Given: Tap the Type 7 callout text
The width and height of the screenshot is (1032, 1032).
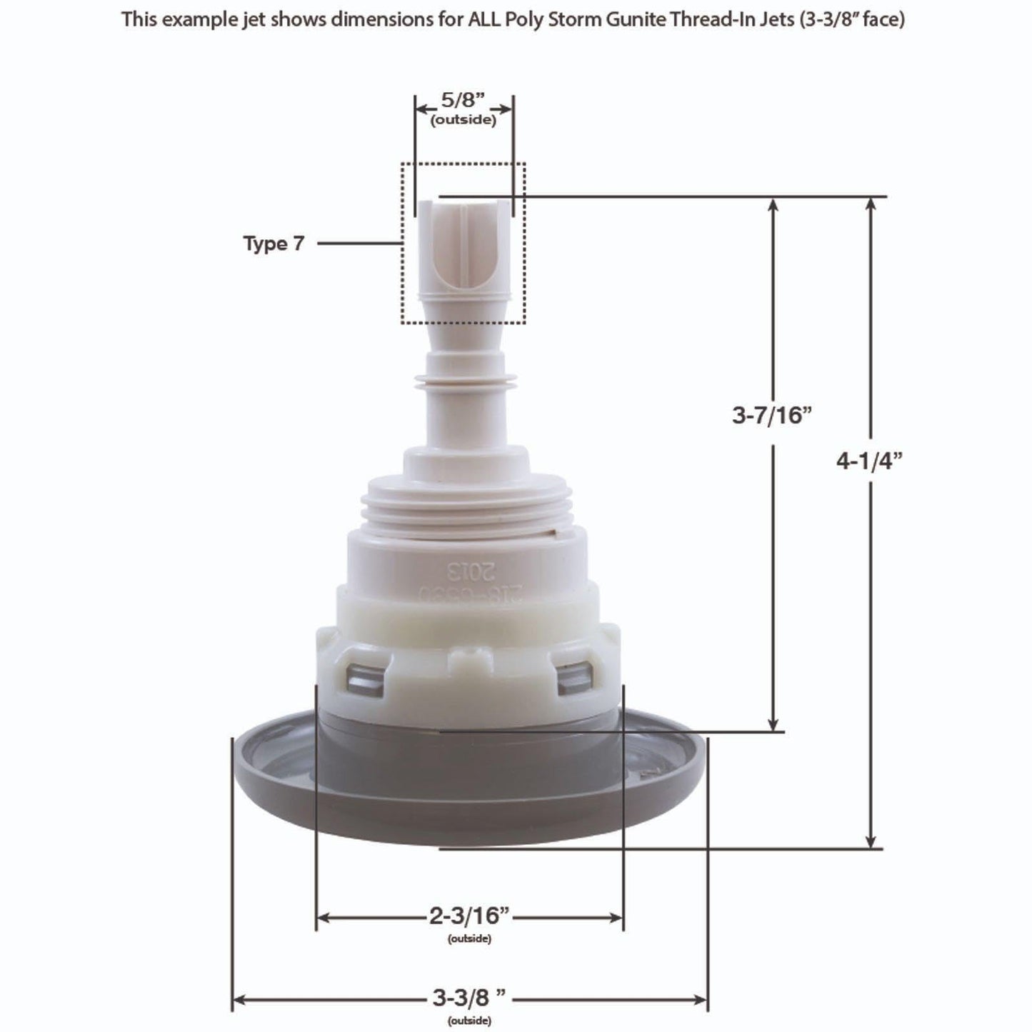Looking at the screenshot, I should pos(274,244).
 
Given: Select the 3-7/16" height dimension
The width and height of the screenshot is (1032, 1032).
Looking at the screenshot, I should pos(773,414).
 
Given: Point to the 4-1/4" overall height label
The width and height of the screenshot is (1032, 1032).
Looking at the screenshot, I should pos(870,461).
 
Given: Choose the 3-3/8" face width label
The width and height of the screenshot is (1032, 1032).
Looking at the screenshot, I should pos(469,997).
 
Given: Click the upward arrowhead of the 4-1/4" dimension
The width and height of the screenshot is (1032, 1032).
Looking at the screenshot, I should pos(871,204).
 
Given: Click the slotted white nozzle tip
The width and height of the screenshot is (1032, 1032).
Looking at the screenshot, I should pos(463,243).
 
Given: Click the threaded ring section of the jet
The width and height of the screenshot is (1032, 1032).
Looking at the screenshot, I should pos(464,507).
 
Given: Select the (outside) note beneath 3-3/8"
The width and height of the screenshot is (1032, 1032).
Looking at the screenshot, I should pos(469,1021).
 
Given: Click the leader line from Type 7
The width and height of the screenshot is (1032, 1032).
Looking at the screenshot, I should pos(359,244).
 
